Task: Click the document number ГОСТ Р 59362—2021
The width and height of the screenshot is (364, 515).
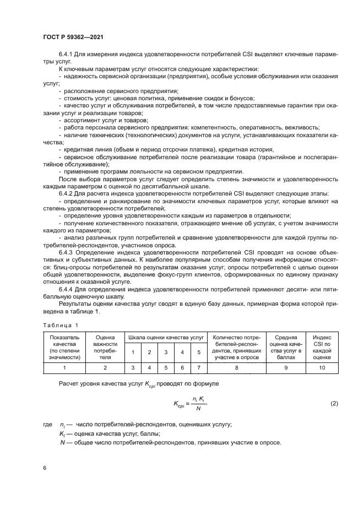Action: (x=73, y=36)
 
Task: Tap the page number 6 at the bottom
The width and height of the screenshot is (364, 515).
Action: (x=45, y=468)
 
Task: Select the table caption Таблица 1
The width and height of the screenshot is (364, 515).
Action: (x=61, y=326)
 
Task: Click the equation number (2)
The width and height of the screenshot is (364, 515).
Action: (x=334, y=404)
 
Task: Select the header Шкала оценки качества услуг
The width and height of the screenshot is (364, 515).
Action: (x=166, y=337)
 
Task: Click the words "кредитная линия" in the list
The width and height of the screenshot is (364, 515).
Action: (x=88, y=149)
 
